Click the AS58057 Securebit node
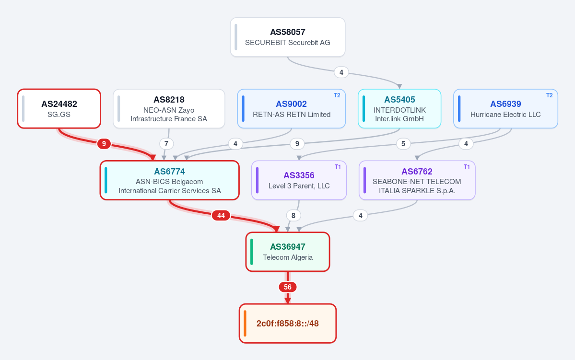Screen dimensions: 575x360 (x=288, y=37)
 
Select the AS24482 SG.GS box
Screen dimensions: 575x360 (x=59, y=108)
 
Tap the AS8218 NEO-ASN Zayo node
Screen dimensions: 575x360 (x=169, y=108)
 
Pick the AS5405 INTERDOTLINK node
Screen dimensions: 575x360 (x=399, y=108)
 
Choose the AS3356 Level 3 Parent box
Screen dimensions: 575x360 (x=299, y=180)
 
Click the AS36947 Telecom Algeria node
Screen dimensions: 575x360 (x=288, y=252)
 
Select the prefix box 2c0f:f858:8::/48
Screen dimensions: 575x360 (x=288, y=324)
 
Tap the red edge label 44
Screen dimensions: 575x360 (x=221, y=216)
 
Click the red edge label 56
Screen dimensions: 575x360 (x=288, y=287)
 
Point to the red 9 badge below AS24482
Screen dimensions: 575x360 (x=104, y=144)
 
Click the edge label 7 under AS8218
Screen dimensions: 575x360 (x=166, y=144)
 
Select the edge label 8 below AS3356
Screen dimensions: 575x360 (x=293, y=216)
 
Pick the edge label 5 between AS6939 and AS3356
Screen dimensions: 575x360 (x=403, y=144)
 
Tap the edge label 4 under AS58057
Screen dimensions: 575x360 (x=341, y=72)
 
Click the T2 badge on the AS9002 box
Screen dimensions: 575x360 (x=337, y=95)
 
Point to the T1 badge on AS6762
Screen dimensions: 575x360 (x=467, y=167)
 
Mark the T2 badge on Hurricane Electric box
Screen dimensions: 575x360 (x=549, y=95)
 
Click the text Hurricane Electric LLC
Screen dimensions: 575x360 (x=505, y=115)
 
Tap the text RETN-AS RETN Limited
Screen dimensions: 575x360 (x=292, y=115)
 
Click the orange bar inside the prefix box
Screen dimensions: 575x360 (x=245, y=324)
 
